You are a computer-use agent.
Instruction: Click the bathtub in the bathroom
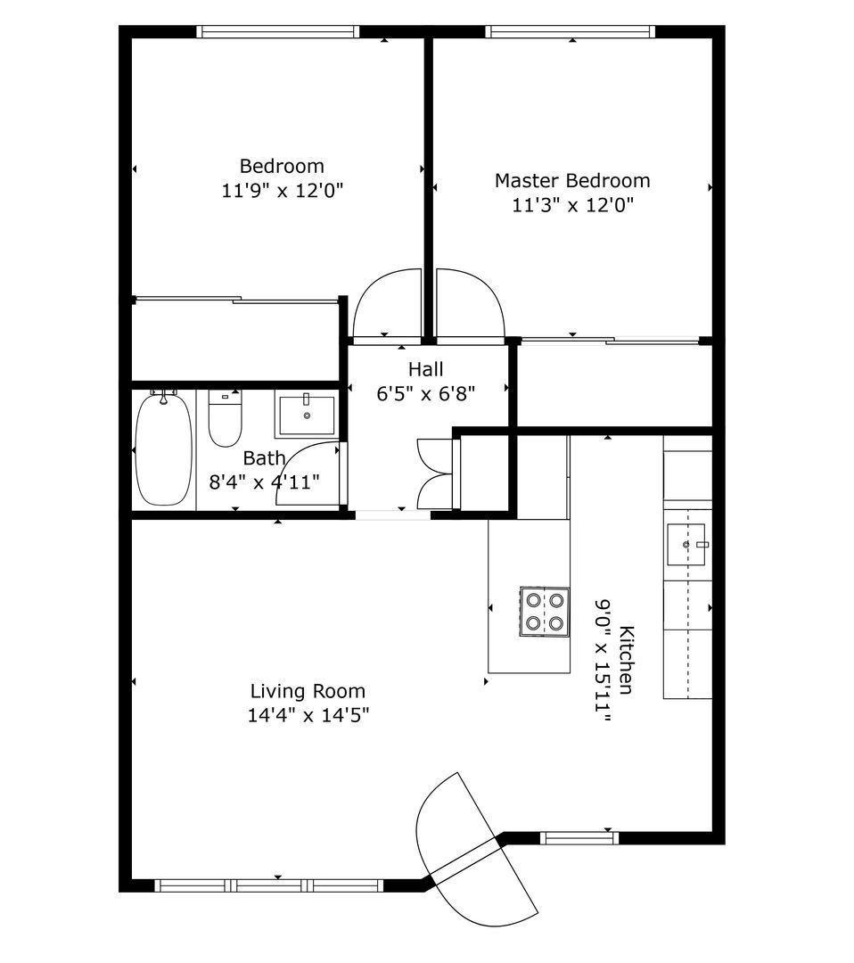coord(163,449)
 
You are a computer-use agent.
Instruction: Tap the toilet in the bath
coord(225,418)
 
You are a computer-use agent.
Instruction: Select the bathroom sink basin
coord(307,416)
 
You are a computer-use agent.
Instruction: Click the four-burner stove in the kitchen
coord(545,612)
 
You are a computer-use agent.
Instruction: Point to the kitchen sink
coord(686,544)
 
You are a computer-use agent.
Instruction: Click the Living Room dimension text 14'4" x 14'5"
coord(308,715)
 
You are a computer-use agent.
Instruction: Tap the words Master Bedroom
coord(572,180)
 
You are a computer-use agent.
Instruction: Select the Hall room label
coord(426,369)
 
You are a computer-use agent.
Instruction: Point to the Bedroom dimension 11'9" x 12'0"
coord(282,191)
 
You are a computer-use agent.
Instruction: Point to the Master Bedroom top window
coord(571,32)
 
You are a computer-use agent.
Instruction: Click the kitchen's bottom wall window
coord(579,837)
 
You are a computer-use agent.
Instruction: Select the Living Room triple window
coord(268,885)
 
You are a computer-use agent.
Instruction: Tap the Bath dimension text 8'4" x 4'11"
coord(265,482)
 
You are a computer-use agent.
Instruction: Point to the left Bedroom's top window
coord(278,32)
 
